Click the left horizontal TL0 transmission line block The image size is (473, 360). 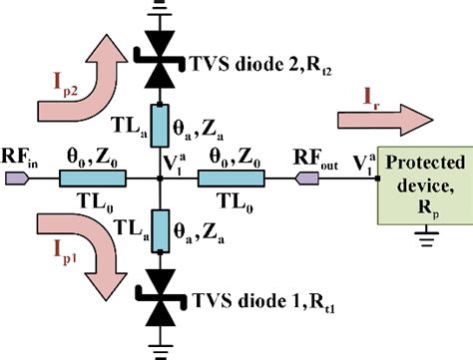pyautogui.click(x=94, y=180)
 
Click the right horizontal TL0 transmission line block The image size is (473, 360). pyautogui.click(x=230, y=180)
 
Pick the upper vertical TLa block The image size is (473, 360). pyautogui.click(x=161, y=125)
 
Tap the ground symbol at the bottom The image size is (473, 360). pyautogui.click(x=161, y=348)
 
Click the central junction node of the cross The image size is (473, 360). pyautogui.click(x=161, y=180)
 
